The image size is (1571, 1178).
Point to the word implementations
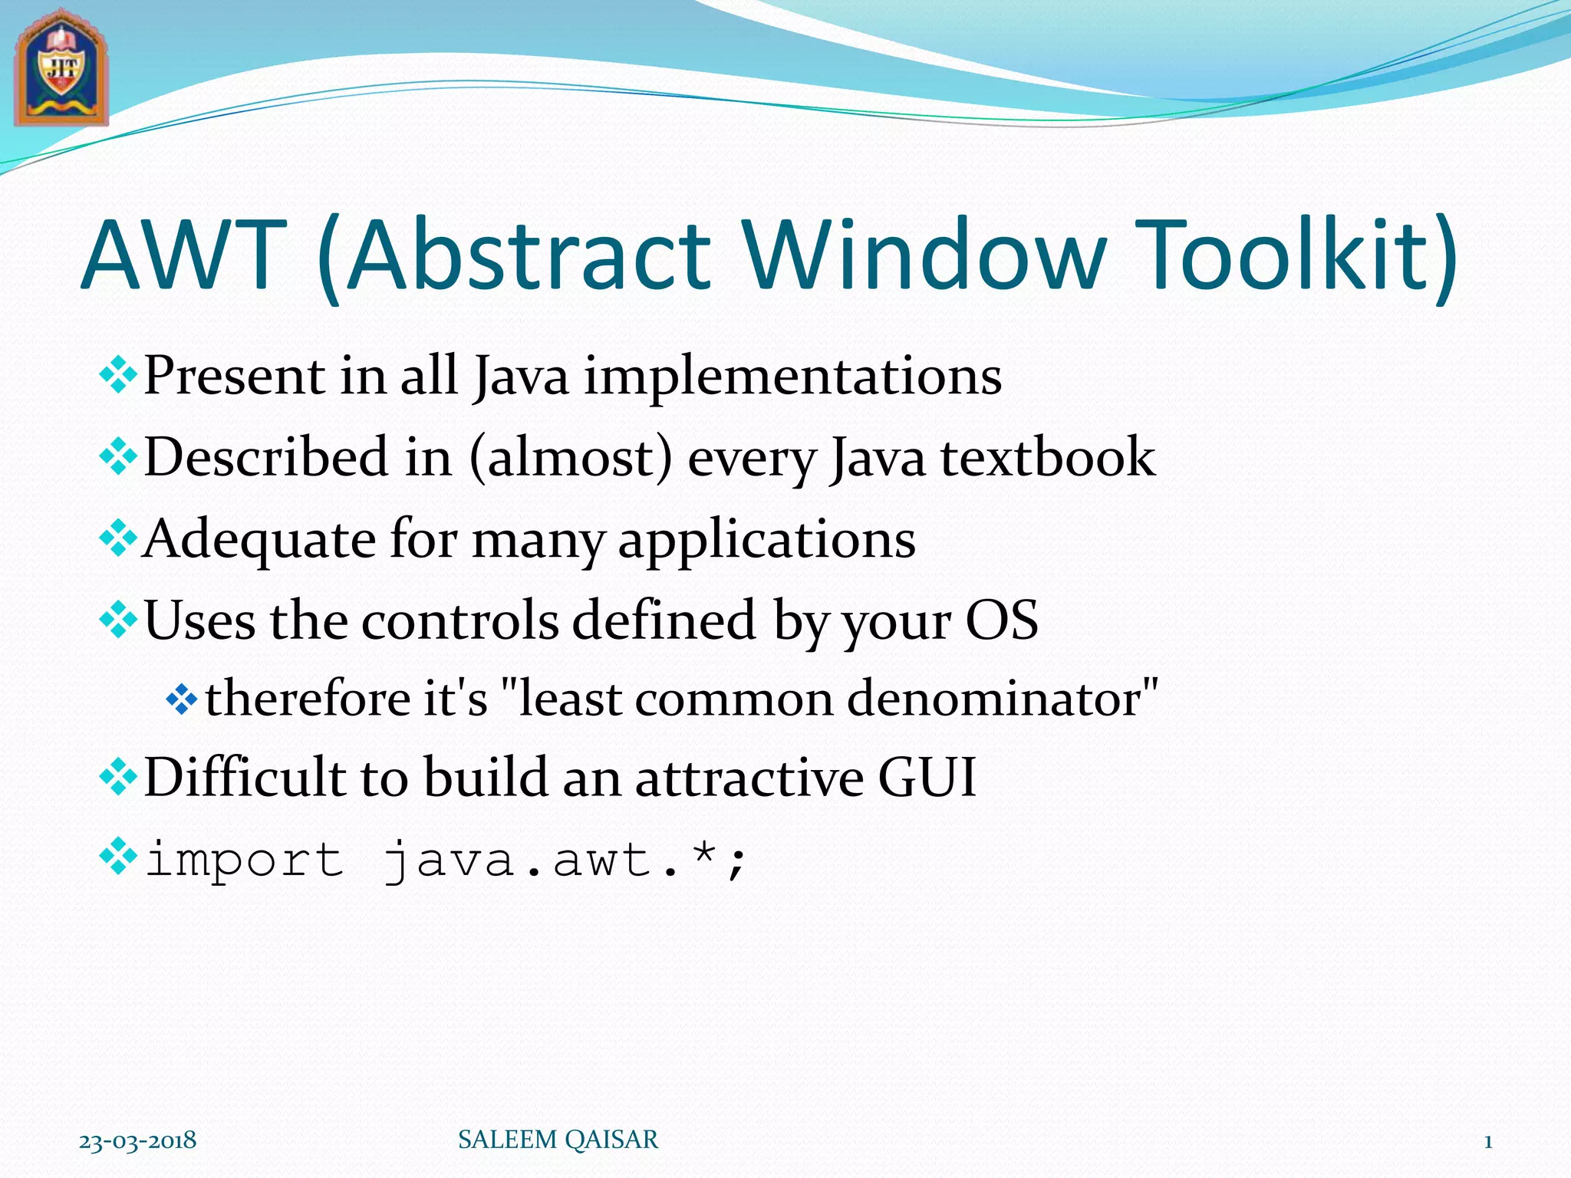[x=793, y=377]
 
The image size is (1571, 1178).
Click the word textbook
[x=1048, y=458]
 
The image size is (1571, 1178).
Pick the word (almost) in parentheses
[x=571, y=458]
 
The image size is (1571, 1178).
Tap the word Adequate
[x=259, y=539]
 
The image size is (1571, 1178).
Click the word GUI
[x=927, y=778]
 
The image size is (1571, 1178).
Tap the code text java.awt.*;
[x=565, y=860]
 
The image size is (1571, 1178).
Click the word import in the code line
[x=244, y=860]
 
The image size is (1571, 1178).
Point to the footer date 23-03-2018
[x=138, y=1140]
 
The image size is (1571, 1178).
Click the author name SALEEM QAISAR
[x=558, y=1140]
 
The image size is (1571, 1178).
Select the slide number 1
[x=1487, y=1142]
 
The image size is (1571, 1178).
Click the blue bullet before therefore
[x=181, y=699]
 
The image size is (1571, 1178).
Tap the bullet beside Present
[x=118, y=377]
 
